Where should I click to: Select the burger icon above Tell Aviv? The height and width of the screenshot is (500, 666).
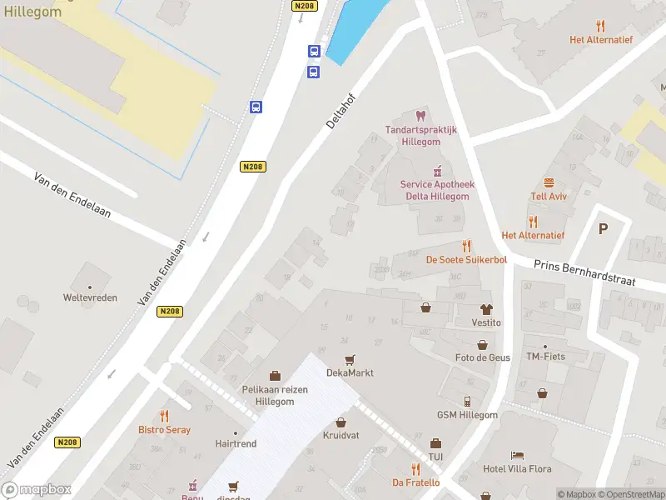coord(549,182)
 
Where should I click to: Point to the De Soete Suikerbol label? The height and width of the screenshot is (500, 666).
coord(466,259)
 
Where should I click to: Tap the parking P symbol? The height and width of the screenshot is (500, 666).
coord(603,228)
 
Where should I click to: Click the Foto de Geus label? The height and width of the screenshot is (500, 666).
coord(482,357)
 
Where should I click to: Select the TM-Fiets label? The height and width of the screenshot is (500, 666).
coord(545,357)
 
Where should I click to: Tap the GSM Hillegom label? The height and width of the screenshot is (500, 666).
coord(467,415)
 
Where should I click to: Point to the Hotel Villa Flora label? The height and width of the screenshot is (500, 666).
coord(518,468)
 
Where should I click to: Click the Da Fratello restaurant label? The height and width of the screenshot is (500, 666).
coord(415,482)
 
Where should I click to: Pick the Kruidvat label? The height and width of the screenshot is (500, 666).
coord(340,436)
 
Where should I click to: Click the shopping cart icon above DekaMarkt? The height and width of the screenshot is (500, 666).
coord(350,359)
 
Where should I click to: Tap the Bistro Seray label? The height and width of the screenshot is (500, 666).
coord(164,430)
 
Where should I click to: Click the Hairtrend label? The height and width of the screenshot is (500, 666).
coord(236,444)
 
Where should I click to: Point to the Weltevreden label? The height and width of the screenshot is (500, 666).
coord(90,297)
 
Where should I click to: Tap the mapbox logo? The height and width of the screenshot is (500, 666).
coord(37,490)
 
